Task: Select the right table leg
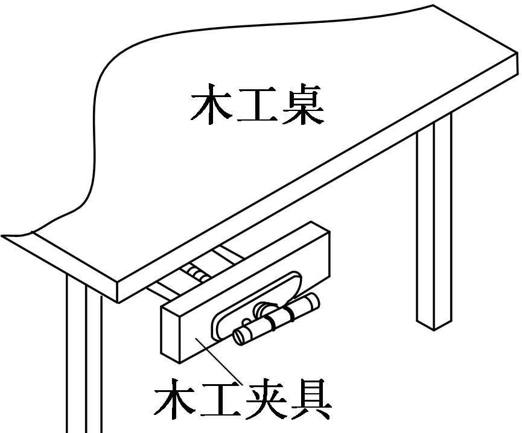click(434, 223)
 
